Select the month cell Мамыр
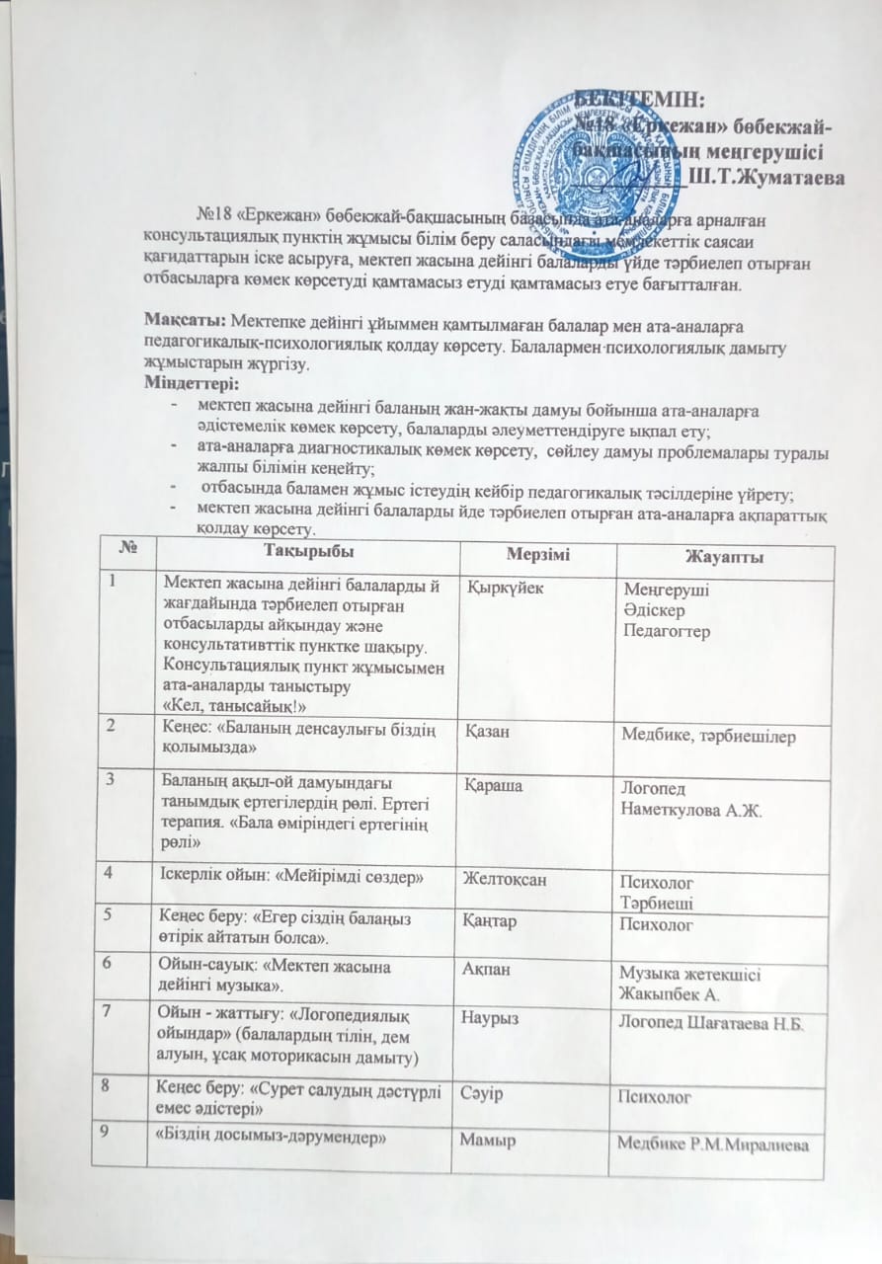484,1139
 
